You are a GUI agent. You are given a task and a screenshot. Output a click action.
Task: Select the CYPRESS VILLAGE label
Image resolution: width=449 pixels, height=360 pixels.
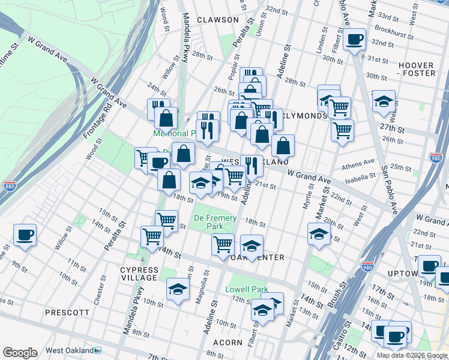click(x=139, y=274)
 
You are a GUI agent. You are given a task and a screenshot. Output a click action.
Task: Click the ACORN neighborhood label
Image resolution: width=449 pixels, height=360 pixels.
click(x=228, y=343)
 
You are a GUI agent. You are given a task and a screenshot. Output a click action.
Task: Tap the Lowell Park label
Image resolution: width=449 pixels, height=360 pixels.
click(x=247, y=289)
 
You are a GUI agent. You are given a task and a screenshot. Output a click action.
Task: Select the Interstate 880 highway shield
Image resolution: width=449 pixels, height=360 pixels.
click(x=10, y=187)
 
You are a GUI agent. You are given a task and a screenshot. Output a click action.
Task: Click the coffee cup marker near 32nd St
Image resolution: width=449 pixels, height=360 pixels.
click(x=355, y=40)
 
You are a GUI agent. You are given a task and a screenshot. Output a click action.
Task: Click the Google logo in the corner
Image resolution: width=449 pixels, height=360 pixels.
click(x=20, y=353)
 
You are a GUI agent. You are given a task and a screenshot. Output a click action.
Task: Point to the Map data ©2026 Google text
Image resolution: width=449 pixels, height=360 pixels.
click(x=412, y=355)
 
